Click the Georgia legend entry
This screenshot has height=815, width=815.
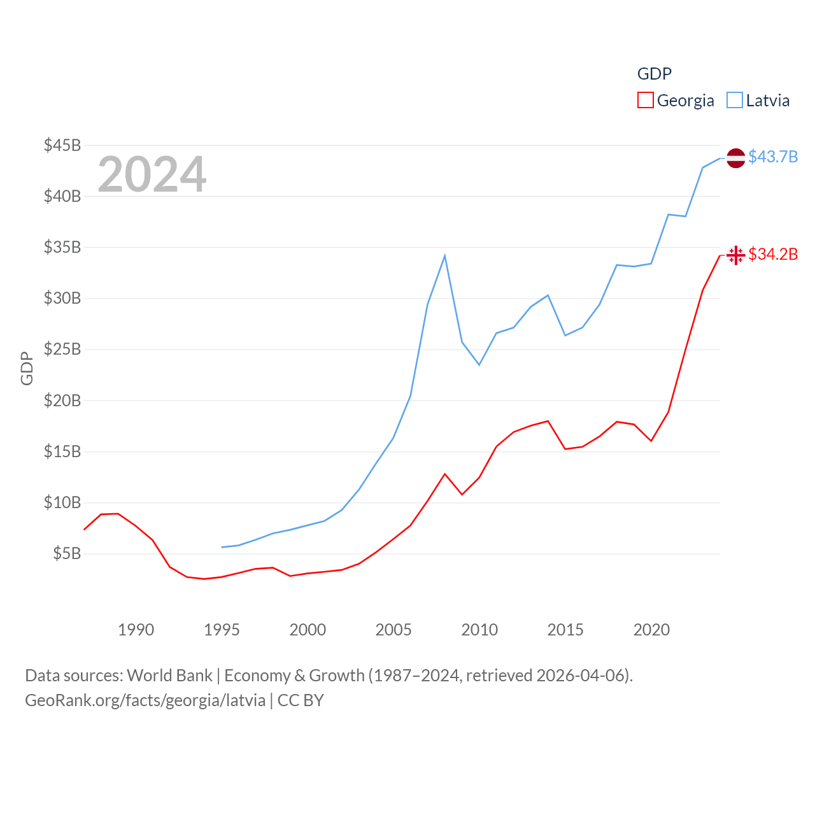coord(676,101)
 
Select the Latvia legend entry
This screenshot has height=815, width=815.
coord(758,101)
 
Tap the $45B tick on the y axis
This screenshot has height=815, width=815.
coord(62,145)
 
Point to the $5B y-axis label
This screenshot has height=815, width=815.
coord(67,553)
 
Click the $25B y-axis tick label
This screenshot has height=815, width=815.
coord(62,349)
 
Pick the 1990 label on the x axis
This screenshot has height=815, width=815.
coord(136,630)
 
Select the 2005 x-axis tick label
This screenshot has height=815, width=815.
coord(393,630)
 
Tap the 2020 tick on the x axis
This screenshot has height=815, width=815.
coord(651,630)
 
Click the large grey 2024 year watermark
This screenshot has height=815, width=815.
coord(152,174)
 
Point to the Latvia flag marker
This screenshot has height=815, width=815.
coord(735,158)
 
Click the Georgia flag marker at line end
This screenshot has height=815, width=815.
coord(735,255)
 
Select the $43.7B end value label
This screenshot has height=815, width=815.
coord(773,157)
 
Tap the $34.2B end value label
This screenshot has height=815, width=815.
coord(773,254)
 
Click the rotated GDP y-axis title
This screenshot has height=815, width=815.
coord(27,368)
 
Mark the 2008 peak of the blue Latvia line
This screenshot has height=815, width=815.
coord(444,256)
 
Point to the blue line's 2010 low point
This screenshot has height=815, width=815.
coord(479,364)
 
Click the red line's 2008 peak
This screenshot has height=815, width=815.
coord(444,474)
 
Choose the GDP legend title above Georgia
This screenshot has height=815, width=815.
coord(655,74)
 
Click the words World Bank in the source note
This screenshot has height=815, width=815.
coord(169,675)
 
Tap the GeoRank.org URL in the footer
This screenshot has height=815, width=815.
coord(145,700)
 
